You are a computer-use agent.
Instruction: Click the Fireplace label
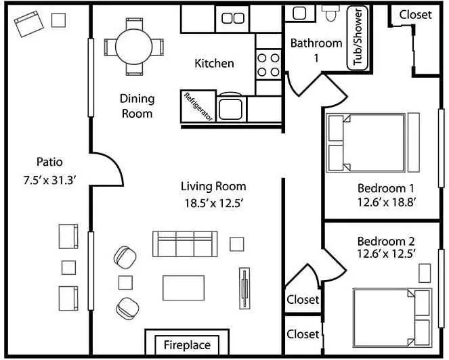point(187,345)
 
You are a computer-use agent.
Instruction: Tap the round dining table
point(133,47)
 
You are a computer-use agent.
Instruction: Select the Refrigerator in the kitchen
point(198,106)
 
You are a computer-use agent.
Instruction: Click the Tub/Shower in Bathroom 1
point(358,38)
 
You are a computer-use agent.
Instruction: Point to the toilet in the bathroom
point(331,13)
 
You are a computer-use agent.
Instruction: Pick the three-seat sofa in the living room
point(185,244)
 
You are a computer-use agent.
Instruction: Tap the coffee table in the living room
point(184,288)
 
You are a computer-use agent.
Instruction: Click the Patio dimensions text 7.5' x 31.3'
point(49,181)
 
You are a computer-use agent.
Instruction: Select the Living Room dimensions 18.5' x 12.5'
point(213,203)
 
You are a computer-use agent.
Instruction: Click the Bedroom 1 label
point(386,188)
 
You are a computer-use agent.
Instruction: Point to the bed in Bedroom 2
point(392,317)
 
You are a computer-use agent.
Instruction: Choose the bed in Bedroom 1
point(366,143)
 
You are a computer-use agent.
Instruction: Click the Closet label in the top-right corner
point(415,15)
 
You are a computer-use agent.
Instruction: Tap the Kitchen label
point(214,63)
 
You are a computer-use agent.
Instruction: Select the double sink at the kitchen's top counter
point(233,18)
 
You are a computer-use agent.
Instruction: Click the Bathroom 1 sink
point(299,13)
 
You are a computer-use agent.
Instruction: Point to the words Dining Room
point(137,106)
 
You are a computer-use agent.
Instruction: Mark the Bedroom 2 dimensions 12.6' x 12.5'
point(386,254)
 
